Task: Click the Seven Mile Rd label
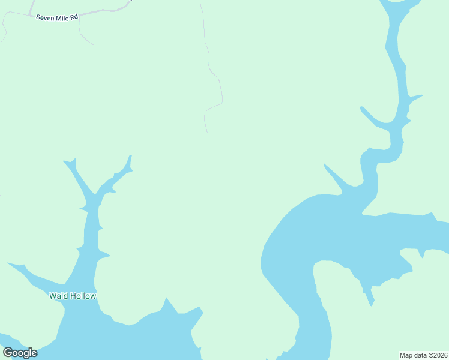[57, 17]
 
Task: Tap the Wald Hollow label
[72, 296]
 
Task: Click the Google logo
[20, 352]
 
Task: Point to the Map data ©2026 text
[423, 355]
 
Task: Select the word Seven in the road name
[46, 17]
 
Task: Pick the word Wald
[58, 296]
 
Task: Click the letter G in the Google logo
[8, 352]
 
